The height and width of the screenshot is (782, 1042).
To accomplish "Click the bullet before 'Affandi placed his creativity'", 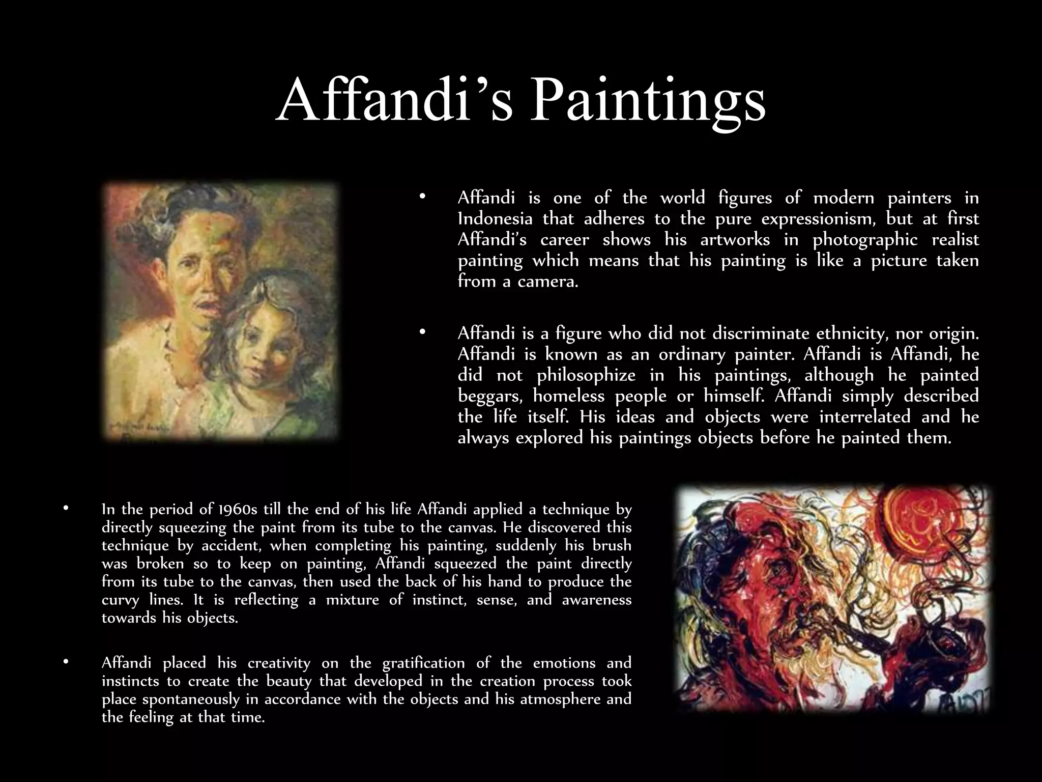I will click(x=65, y=662).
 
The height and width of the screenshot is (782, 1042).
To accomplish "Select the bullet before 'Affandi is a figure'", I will click(x=421, y=332).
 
